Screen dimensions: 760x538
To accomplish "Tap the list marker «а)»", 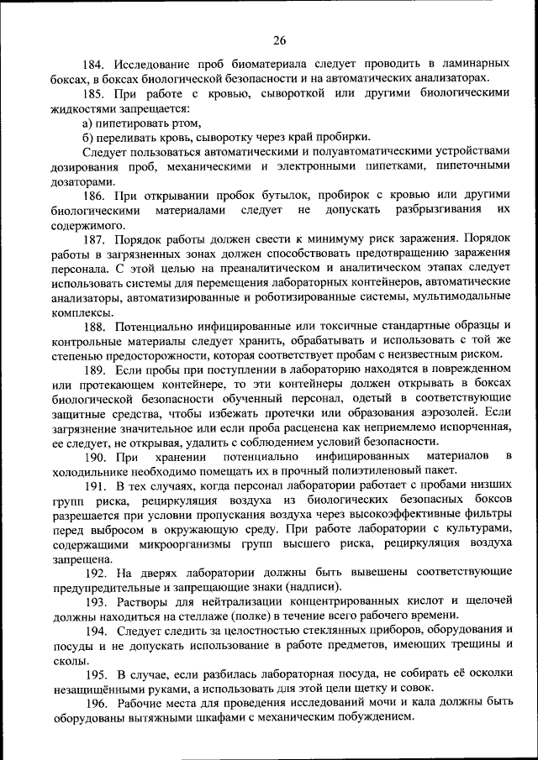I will [x=88, y=123].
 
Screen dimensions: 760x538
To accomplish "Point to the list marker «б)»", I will [x=88, y=138].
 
